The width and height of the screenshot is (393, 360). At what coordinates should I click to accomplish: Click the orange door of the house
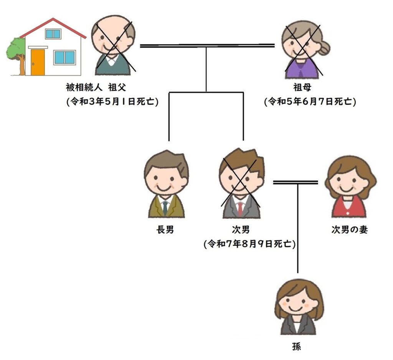(38, 62)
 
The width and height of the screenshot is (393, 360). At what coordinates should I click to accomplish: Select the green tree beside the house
(15, 56)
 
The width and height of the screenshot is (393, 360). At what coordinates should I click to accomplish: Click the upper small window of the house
(53, 34)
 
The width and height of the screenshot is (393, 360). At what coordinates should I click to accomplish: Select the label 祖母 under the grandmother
(302, 87)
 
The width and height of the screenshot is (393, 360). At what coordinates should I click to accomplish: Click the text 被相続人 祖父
(96, 87)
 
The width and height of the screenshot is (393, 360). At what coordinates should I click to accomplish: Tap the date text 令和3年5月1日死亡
(112, 102)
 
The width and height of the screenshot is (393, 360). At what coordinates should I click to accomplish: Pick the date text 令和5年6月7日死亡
(310, 102)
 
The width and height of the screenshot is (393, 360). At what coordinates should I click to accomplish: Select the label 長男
(165, 229)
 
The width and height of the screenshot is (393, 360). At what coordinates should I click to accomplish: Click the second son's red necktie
(240, 208)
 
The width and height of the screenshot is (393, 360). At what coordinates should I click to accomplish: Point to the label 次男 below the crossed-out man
(241, 229)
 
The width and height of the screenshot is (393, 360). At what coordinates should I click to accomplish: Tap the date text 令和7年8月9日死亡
(249, 244)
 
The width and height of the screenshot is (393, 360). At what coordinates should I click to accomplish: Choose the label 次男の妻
(350, 229)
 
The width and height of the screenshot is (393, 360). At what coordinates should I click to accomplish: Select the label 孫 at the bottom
(297, 347)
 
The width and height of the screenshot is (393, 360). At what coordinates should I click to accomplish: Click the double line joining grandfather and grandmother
(207, 46)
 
